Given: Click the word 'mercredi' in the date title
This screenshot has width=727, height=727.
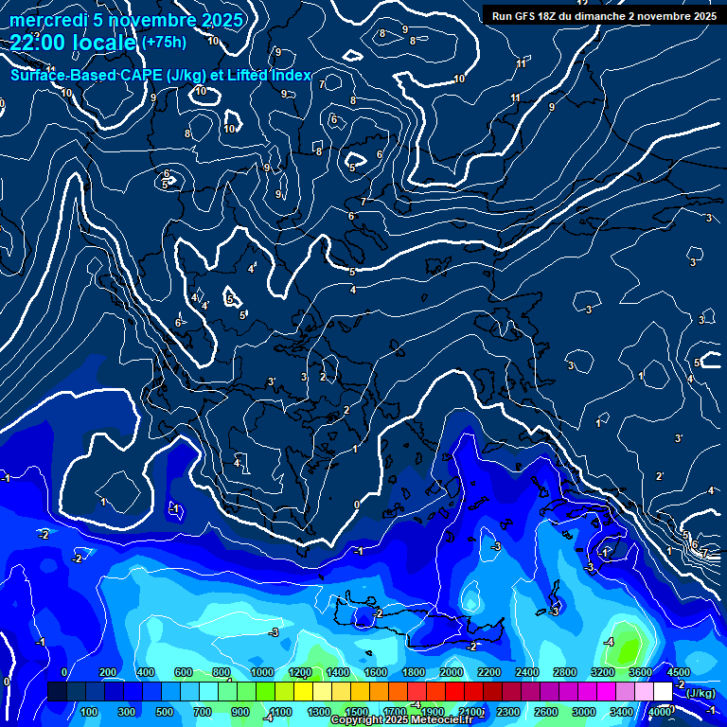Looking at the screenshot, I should point(48,20).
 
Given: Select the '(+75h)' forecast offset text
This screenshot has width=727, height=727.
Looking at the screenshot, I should point(164,43).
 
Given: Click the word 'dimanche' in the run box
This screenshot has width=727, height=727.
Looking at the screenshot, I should point(607,16).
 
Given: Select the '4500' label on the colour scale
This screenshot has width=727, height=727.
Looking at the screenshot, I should point(679,672).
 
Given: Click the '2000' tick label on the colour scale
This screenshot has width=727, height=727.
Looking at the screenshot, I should point(451,672).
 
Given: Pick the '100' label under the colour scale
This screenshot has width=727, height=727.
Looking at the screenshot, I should point(89,712).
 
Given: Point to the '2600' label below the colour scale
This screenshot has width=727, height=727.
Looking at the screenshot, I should point(545,712).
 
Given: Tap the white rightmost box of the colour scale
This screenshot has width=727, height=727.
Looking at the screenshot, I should point(663,692).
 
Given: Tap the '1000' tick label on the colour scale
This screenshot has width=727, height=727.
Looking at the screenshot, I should point(261,672).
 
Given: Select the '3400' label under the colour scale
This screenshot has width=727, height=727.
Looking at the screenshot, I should point(621,712).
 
